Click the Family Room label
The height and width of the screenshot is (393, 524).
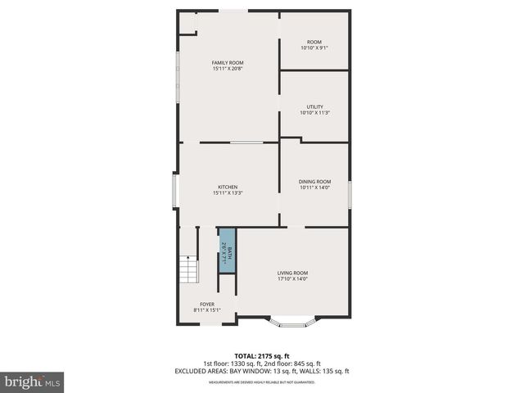[x=228, y=62]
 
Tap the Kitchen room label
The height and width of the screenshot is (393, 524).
[x=228, y=186]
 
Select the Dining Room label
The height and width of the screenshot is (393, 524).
[x=315, y=181]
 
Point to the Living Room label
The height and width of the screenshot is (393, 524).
[x=292, y=273]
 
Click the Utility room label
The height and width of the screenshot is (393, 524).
[x=314, y=106]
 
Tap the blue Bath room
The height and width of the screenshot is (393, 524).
[x=227, y=253]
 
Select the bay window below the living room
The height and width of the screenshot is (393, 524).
[x=294, y=323]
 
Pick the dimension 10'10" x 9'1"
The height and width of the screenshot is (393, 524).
[x=314, y=47]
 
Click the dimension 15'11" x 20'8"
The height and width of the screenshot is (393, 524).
[x=228, y=69]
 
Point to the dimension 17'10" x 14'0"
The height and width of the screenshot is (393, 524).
[x=292, y=279]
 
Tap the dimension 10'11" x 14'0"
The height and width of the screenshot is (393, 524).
[x=315, y=187]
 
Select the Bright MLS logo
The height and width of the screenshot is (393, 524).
[x=33, y=381]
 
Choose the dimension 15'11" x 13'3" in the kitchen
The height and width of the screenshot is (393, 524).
[x=228, y=192]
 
